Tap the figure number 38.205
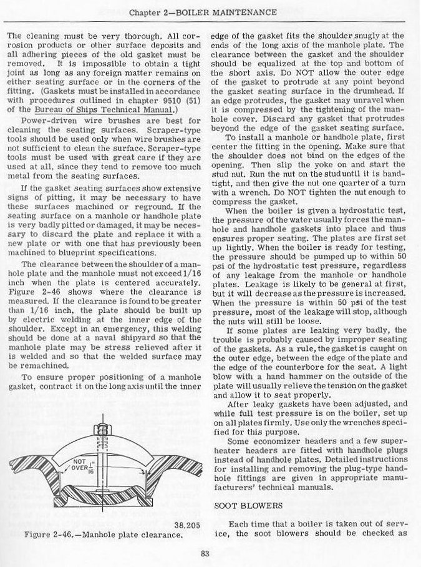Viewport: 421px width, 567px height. [186, 525]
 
